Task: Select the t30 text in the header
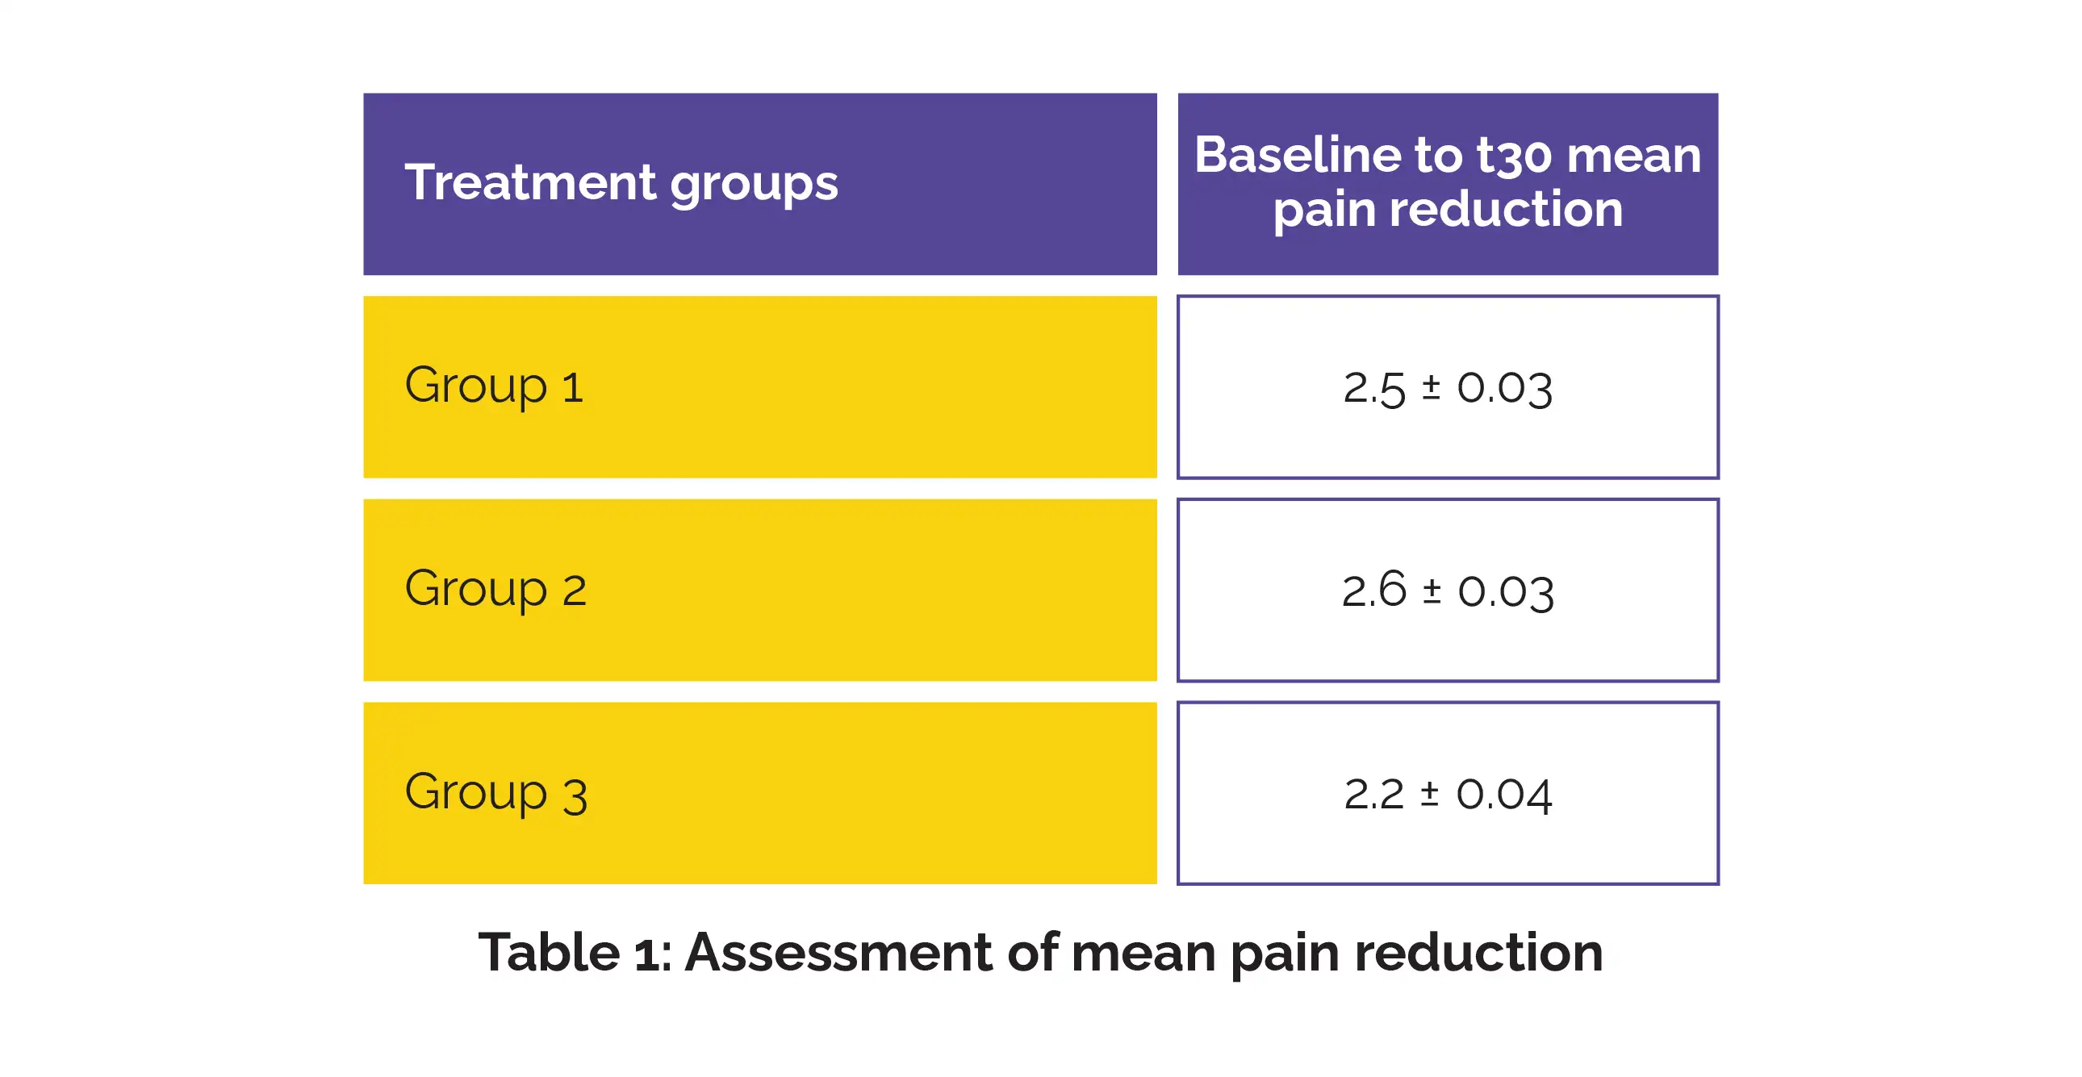point(1514,156)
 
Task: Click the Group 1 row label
point(494,386)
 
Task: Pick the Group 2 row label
point(495,590)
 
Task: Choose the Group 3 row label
point(495,793)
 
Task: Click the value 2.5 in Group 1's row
point(1374,389)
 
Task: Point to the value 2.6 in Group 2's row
point(1374,590)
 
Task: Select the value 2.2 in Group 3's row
point(1374,794)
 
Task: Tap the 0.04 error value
point(1504,795)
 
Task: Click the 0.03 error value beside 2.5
point(1504,389)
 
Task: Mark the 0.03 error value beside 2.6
point(1506,592)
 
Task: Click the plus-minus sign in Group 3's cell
point(1430,793)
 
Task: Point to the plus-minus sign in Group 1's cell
point(1431,386)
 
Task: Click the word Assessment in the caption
point(838,953)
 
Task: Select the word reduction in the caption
point(1478,953)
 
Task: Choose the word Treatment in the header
point(529,182)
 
